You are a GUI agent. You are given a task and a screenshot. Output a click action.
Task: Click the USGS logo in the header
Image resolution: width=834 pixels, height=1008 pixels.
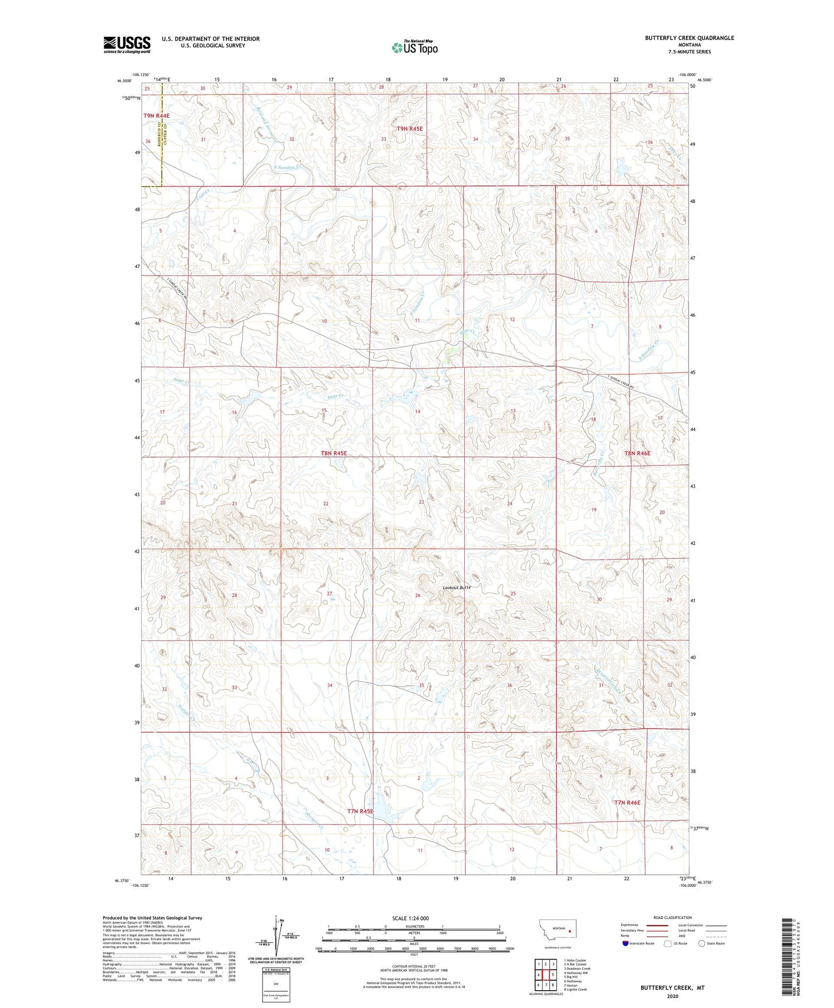pos(127,44)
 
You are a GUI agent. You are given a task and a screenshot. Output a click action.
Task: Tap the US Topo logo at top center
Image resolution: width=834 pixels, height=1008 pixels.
pos(414,48)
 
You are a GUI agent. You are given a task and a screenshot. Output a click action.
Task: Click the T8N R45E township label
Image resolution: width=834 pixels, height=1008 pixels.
pos(334,454)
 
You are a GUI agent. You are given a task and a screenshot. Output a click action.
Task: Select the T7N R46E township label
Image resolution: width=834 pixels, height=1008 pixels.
pos(627,803)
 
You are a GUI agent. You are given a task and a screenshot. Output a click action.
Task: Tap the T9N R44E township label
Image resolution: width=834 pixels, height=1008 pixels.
pos(156,116)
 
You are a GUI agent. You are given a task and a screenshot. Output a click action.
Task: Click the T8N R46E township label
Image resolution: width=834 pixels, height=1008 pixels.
pos(637,454)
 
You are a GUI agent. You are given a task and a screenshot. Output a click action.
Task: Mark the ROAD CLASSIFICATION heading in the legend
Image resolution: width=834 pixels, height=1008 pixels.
pos(673,917)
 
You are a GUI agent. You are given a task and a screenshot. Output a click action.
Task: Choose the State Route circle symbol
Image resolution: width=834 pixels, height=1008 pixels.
pos(702,944)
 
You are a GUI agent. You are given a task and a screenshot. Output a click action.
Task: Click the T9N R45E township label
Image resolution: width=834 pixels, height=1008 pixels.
pos(410,129)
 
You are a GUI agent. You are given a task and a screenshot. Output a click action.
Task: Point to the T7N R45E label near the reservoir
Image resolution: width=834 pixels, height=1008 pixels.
pos(360,812)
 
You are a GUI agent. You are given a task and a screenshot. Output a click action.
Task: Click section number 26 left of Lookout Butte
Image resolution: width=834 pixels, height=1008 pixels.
pos(418,595)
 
